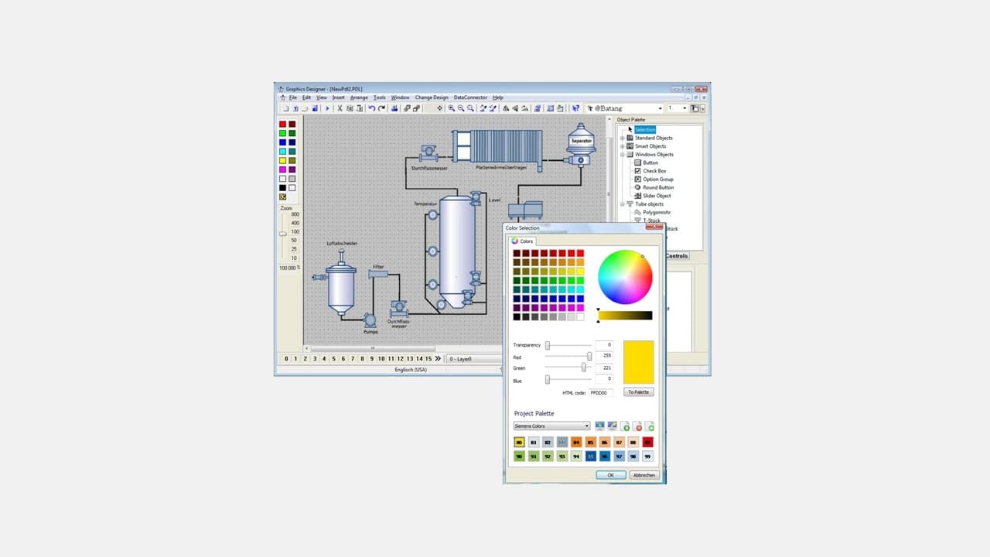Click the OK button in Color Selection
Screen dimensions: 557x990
pos(611,475)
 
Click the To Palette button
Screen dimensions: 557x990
pos(639,392)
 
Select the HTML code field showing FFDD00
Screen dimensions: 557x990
pos(601,393)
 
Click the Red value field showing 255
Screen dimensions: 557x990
pos(603,357)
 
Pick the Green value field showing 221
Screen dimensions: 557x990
pos(603,368)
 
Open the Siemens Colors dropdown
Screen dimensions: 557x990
pos(552,426)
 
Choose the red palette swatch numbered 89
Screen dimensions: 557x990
pos(648,443)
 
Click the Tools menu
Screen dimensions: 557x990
pos(379,97)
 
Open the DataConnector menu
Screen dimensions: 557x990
pos(470,97)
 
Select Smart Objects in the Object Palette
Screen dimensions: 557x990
pos(650,146)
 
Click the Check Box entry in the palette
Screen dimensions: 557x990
pos(654,171)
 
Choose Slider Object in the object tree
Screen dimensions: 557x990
pos(657,196)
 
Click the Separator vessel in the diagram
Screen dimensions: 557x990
pos(581,142)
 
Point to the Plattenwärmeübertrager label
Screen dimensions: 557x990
pos(501,167)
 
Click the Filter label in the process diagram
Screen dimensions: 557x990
pos(378,267)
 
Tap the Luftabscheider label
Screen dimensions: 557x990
pos(342,244)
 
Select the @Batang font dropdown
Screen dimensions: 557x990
pos(625,109)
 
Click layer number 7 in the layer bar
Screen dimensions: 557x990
pos(353,359)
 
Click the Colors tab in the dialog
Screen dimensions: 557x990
pos(523,241)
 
